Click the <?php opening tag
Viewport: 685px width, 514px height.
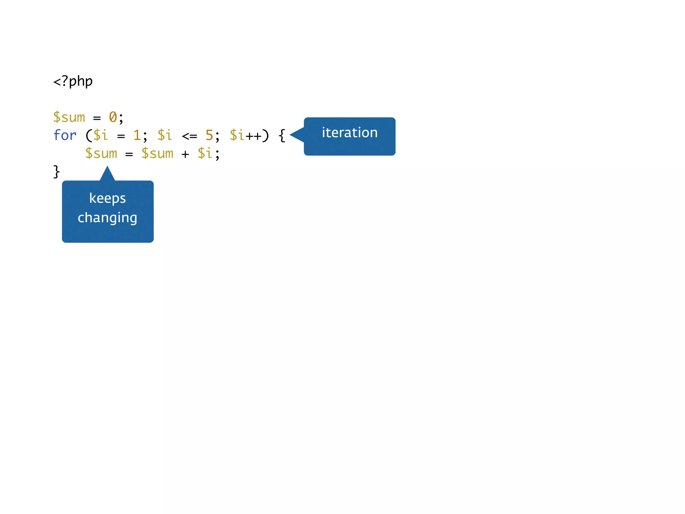tap(73, 81)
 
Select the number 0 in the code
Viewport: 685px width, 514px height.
tap(113, 117)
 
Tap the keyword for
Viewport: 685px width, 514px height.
tap(65, 136)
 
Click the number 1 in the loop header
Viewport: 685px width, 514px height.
tap(137, 136)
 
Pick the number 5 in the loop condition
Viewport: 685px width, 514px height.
tap(209, 136)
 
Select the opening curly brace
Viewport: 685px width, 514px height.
tap(282, 136)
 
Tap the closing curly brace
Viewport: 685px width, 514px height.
tap(57, 172)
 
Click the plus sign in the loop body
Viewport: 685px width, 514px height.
tap(185, 154)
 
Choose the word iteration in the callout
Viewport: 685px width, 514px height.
tap(350, 133)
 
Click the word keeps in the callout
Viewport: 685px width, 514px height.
tap(107, 198)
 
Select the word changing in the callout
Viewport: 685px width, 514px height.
tap(107, 218)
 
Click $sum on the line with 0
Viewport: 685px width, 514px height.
tap(69, 117)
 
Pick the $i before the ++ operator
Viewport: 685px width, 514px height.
tap(237, 136)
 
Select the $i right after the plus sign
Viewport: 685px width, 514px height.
tap(205, 154)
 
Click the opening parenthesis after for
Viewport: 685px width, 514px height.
tap(89, 136)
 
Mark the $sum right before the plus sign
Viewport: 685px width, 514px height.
tap(158, 154)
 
